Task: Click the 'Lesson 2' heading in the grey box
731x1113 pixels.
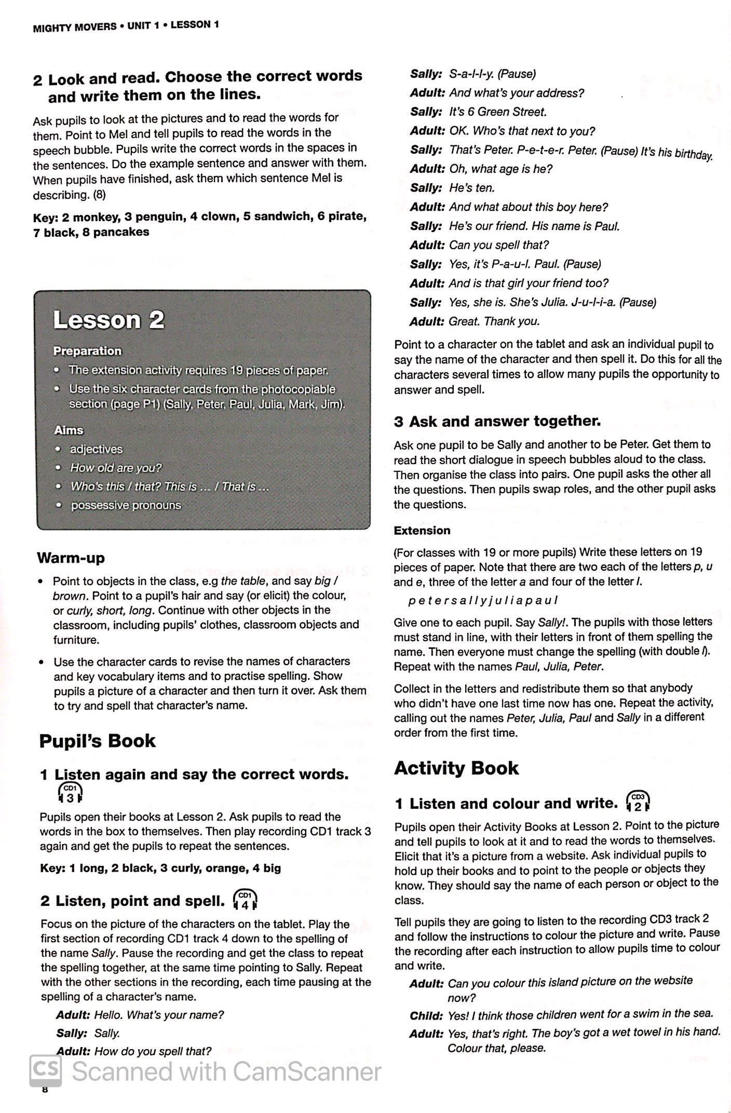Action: [109, 320]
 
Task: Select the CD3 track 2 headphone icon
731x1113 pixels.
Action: [638, 803]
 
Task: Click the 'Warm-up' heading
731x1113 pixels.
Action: [71, 558]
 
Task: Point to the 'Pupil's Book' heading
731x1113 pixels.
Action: [97, 741]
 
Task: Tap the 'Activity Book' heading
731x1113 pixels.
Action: [456, 768]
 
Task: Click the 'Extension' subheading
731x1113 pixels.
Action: [422, 531]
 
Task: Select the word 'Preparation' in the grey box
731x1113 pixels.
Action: [87, 351]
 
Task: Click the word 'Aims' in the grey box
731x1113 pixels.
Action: [69, 430]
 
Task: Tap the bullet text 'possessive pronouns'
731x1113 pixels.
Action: [126, 505]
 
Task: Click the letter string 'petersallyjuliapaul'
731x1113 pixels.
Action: [483, 601]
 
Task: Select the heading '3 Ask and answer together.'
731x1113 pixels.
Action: [497, 421]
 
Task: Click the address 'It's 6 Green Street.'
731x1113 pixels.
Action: [497, 112]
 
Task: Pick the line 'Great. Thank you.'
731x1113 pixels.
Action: [494, 321]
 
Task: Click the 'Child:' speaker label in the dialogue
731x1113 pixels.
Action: [426, 1015]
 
